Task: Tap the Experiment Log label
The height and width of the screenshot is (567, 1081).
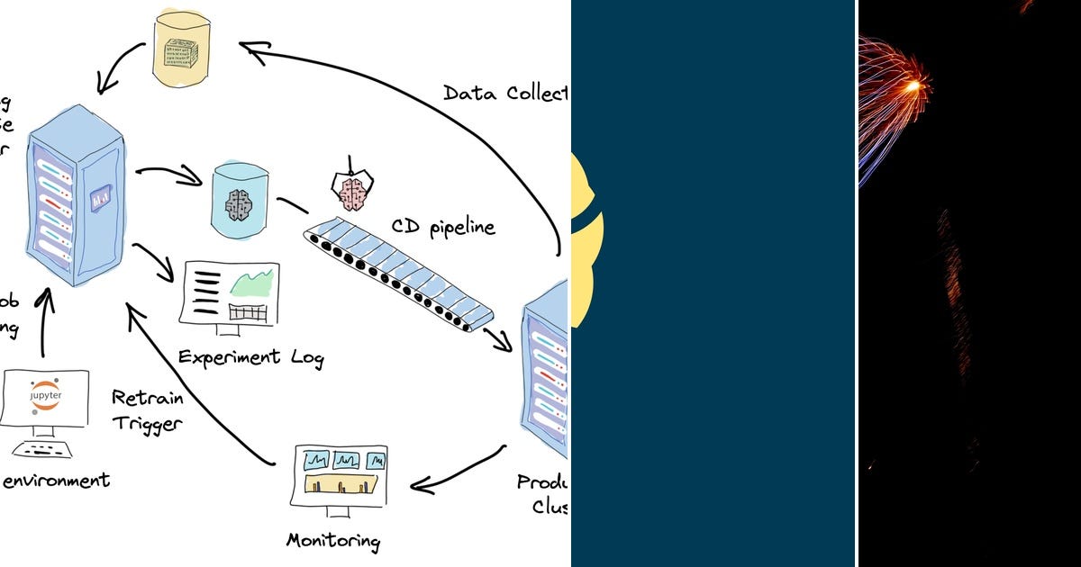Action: tap(250, 357)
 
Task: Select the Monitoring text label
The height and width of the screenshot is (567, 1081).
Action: tap(332, 540)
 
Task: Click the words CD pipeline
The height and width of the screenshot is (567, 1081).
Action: tap(442, 227)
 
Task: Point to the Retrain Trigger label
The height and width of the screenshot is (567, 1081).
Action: tap(147, 409)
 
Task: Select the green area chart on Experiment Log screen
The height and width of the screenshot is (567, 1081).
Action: tap(251, 283)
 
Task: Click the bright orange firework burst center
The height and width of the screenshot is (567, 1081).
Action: tap(915, 86)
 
